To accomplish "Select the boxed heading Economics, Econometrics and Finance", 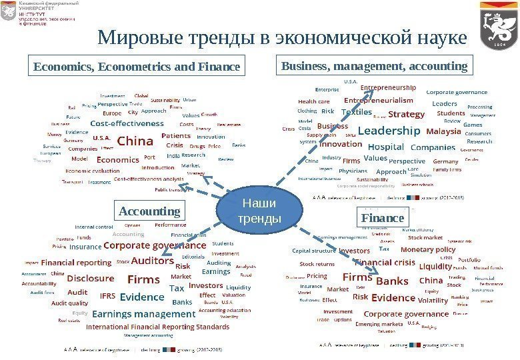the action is click(x=137, y=67).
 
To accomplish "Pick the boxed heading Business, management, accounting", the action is click(x=374, y=67).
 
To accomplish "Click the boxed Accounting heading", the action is click(x=149, y=211).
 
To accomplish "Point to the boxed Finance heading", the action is click(x=383, y=218).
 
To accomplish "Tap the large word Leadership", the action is click(x=389, y=131).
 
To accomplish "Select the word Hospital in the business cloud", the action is click(x=386, y=147).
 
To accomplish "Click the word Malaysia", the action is click(x=443, y=131).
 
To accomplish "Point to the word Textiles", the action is click(x=356, y=112).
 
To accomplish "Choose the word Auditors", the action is click(x=153, y=261).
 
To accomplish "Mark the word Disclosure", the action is click(x=91, y=277).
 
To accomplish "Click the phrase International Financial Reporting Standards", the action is click(x=157, y=327).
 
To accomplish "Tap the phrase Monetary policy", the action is click(x=427, y=249).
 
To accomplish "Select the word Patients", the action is click(x=177, y=135).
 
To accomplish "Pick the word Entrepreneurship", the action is click(x=388, y=87).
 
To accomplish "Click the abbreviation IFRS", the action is click(x=107, y=296).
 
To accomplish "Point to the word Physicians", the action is click(x=353, y=171).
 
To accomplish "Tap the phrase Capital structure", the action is click(x=314, y=251).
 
